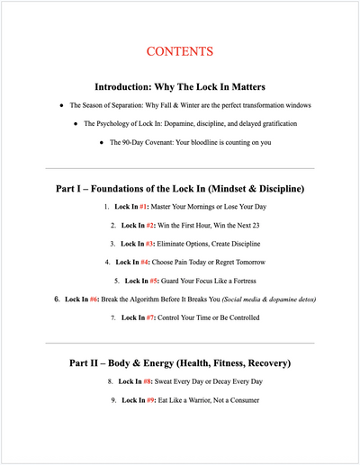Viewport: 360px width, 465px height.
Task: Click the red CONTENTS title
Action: (x=180, y=51)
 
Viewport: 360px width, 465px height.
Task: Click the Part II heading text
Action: (x=180, y=363)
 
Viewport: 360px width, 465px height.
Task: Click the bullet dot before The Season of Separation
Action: (x=60, y=104)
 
